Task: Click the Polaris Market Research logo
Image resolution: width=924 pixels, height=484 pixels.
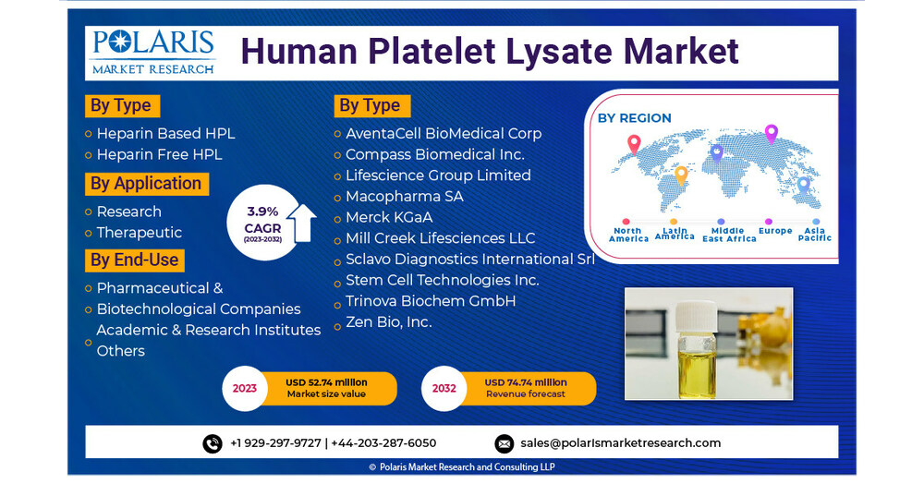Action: (x=153, y=52)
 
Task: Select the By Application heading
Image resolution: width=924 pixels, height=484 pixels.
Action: (x=146, y=184)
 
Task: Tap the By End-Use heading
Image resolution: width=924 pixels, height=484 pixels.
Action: (x=135, y=260)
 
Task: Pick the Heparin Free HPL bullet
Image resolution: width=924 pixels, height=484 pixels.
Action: (x=159, y=154)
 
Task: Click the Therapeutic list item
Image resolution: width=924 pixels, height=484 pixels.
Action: (x=140, y=233)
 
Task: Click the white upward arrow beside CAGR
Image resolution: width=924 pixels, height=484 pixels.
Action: (x=301, y=223)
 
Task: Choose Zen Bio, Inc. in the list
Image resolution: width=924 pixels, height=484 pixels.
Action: (x=388, y=322)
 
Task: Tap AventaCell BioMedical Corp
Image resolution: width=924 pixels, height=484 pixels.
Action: (x=444, y=133)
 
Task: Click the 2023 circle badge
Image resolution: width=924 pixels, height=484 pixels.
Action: (x=245, y=388)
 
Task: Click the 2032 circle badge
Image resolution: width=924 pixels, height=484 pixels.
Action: (x=444, y=388)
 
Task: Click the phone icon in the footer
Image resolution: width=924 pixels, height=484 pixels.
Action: (x=213, y=443)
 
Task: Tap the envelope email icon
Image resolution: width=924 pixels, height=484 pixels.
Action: (x=504, y=443)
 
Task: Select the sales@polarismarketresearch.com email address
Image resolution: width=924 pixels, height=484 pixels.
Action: (x=620, y=443)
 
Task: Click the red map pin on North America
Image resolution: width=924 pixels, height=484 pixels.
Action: (x=633, y=144)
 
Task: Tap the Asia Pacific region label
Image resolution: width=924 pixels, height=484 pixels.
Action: (x=815, y=235)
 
